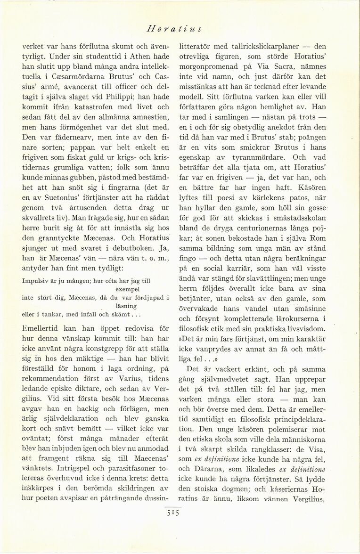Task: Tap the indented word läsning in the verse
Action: (128, 306)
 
